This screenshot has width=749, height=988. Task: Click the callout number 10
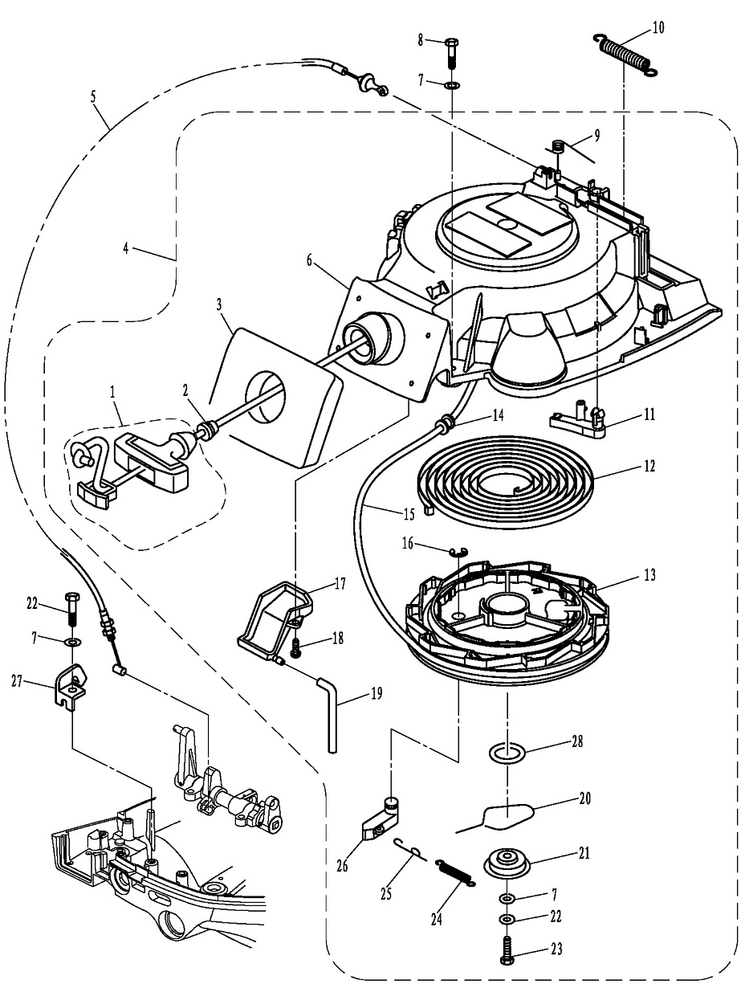(x=657, y=27)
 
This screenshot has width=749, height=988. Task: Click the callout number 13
(x=649, y=575)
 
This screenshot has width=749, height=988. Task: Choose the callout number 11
(x=649, y=414)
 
